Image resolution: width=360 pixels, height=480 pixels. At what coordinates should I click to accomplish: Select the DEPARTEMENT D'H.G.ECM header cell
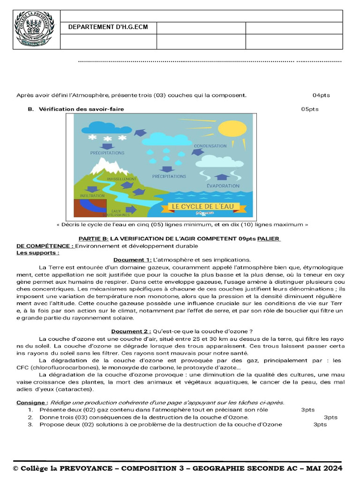click(108, 27)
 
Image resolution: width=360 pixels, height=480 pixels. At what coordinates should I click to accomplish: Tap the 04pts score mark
click(321, 95)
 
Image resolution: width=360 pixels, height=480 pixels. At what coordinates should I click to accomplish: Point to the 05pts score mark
click(310, 109)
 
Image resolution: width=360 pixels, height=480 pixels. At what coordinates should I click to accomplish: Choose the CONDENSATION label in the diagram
click(210, 146)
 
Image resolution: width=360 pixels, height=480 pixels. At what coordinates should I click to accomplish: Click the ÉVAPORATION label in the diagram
click(223, 186)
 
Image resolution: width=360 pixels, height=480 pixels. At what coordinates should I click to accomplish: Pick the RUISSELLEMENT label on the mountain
click(121, 179)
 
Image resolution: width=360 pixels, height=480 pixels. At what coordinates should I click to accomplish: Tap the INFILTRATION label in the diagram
click(92, 195)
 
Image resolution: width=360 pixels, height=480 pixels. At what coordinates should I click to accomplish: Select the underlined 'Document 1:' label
click(132, 260)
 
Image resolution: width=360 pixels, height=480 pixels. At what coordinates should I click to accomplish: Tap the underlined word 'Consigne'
click(31, 403)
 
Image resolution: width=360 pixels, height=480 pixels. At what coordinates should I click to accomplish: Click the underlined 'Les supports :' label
click(38, 253)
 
